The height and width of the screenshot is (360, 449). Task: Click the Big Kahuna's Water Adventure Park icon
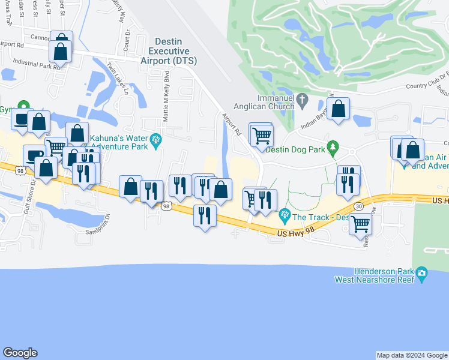[x=157, y=140]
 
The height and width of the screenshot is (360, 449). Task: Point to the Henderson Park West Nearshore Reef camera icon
[x=422, y=275]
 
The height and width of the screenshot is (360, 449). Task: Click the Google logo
[x=20, y=353]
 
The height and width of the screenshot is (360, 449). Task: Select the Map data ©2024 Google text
[x=412, y=355]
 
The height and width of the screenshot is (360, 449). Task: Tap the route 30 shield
[x=359, y=205]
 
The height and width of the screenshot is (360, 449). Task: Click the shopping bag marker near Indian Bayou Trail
[x=339, y=109]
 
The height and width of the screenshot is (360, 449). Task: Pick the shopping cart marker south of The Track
[x=360, y=224]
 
